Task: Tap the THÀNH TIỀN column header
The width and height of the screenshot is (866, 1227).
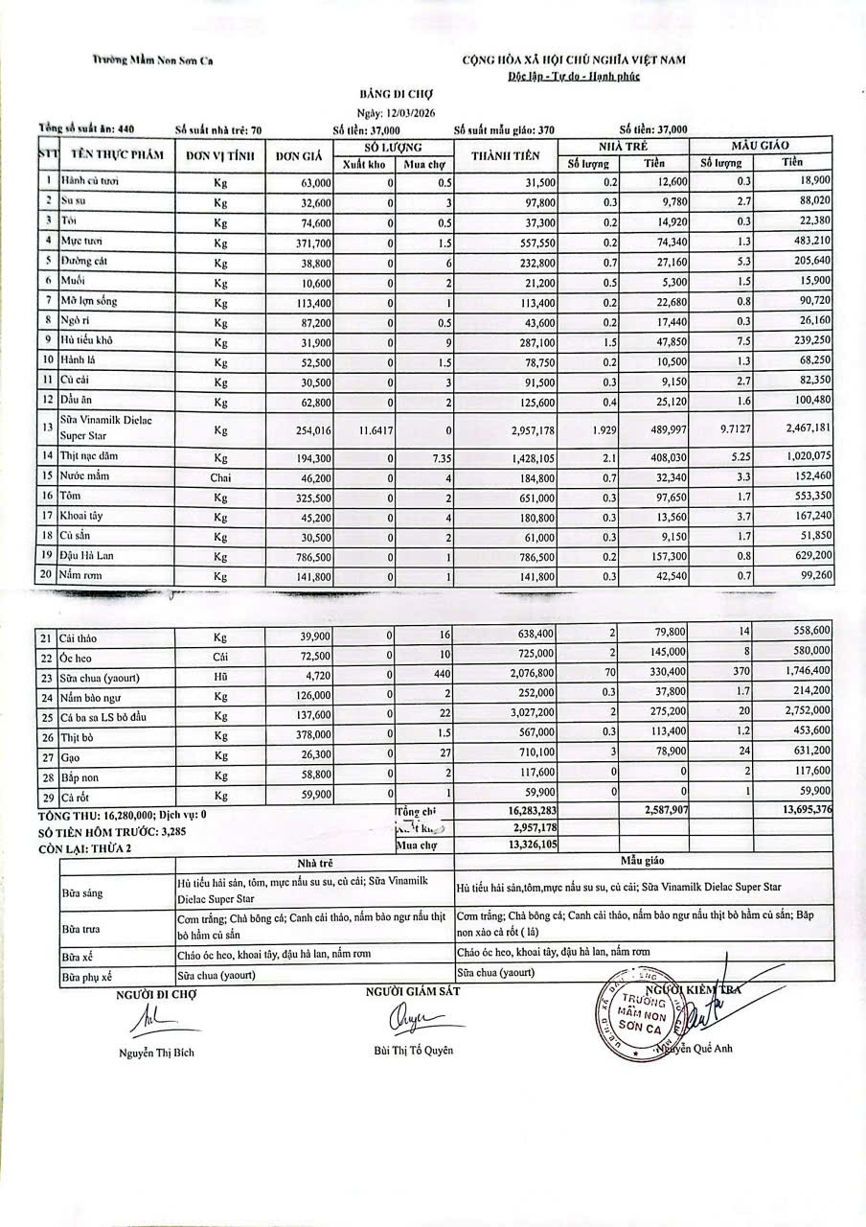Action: [x=506, y=155]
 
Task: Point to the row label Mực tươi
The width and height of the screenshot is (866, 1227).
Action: [x=82, y=241]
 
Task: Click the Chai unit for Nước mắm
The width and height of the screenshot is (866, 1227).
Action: [x=221, y=475]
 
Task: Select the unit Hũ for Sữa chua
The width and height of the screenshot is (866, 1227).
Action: [x=221, y=676]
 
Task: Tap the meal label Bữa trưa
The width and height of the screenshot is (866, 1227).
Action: [x=83, y=930]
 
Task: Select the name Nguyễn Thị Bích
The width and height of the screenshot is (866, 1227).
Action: [x=157, y=1053]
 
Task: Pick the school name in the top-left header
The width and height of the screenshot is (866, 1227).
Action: [x=153, y=60]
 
